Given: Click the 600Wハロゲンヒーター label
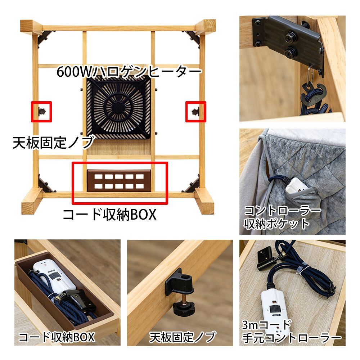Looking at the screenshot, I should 129,71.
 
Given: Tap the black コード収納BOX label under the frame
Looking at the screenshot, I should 109,215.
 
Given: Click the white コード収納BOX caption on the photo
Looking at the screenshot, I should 57,337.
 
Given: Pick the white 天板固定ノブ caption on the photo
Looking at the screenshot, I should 183,337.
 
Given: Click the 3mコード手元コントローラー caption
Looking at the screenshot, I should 291,332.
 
